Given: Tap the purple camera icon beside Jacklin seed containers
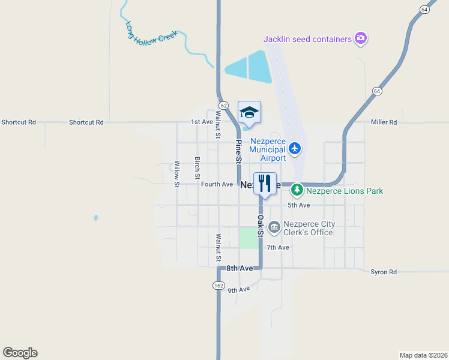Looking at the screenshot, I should click(x=361, y=38).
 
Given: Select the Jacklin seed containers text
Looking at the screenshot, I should click(x=307, y=39).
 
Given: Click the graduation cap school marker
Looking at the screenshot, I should click(x=250, y=112).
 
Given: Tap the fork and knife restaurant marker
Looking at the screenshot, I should click(x=265, y=183).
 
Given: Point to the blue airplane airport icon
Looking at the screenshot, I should click(x=294, y=148).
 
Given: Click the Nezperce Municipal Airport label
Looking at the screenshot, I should click(x=265, y=150).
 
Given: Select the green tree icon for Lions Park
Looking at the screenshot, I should click(x=297, y=191).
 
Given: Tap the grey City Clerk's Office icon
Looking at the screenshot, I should click(x=274, y=227).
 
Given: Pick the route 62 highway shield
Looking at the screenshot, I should click(x=223, y=105).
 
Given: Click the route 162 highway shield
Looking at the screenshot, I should click(x=218, y=286).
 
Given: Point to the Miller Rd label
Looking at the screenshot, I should click(x=384, y=122).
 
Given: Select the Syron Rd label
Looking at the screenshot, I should click(x=384, y=272).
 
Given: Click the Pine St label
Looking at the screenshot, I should click(x=238, y=152).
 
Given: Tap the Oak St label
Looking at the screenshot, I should click(x=261, y=226).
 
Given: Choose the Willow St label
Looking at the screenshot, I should click(x=177, y=174).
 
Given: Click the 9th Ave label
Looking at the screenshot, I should click(x=238, y=290).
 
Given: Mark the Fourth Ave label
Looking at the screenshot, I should click(x=217, y=184).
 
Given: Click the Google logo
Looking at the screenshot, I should click(x=20, y=353).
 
